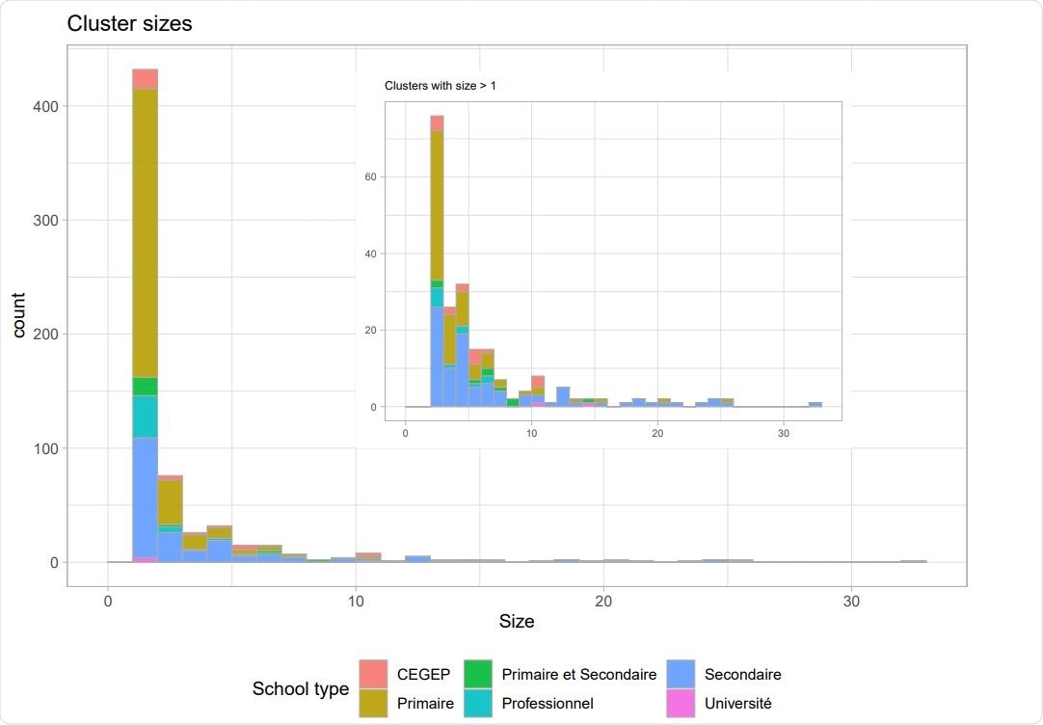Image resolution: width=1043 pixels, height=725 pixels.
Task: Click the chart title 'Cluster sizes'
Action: [x=129, y=24]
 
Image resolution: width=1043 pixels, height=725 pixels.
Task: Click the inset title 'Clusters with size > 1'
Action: [x=440, y=86]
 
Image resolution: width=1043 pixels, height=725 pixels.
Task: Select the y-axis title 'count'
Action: [x=19, y=314]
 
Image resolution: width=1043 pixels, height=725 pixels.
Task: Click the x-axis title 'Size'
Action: [x=516, y=622]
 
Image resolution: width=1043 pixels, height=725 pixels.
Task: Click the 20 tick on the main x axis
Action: [x=603, y=600]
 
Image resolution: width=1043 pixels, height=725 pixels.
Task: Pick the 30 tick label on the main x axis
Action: [x=851, y=600]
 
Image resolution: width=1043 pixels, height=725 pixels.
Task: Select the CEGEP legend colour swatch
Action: [x=373, y=674]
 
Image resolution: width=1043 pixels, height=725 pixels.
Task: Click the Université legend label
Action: [x=737, y=704]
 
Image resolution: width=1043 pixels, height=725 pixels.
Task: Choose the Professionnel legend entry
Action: [x=547, y=704]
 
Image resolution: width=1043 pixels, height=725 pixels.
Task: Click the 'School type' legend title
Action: [x=300, y=688]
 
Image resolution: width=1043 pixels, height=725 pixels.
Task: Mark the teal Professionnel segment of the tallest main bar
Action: [x=146, y=416]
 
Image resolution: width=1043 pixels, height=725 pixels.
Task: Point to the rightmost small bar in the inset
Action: [x=816, y=404]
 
